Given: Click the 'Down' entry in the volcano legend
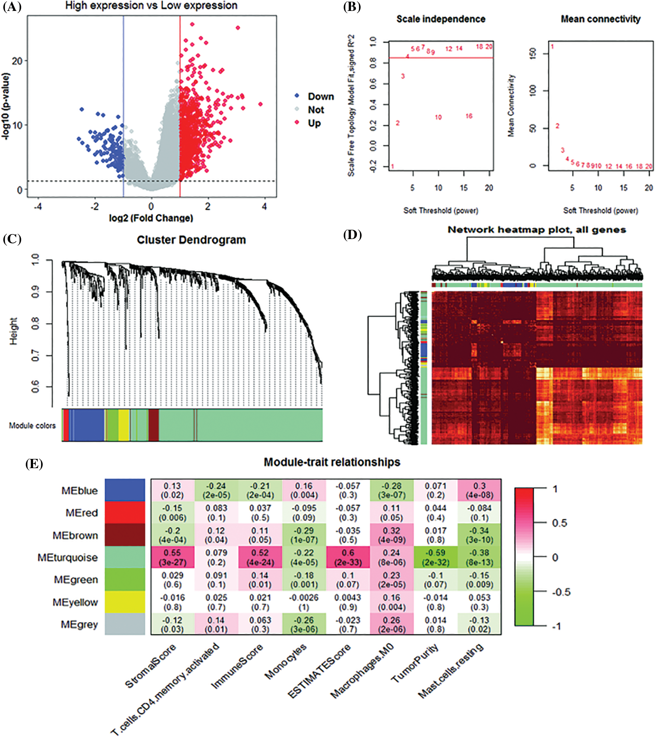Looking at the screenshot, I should click(320, 97).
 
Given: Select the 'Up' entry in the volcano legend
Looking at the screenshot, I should click(314, 123).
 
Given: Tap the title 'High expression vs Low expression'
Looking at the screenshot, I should click(151, 6).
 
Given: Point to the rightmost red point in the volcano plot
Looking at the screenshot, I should click(260, 104).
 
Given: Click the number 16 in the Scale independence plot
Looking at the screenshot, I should click(469, 116).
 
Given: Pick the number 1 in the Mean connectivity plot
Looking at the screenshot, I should click(552, 46).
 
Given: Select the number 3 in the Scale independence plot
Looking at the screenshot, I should click(403, 76).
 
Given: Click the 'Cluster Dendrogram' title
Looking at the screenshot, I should click(191, 240).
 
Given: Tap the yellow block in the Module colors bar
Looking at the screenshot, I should click(124, 425).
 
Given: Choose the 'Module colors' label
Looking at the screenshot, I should click(32, 425).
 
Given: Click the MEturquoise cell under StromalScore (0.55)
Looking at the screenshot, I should click(173, 557).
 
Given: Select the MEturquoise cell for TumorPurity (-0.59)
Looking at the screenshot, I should click(436, 557).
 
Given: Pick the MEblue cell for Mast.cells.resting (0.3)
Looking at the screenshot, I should click(479, 490).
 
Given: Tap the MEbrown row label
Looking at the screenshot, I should click(75, 535).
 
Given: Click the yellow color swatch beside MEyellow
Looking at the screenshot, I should click(125, 602).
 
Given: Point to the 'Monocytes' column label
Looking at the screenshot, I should click(285, 662).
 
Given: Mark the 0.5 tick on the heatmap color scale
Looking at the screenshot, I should click(559, 523).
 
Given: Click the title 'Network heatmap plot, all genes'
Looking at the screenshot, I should click(537, 230).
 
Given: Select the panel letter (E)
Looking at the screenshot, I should click(34, 464).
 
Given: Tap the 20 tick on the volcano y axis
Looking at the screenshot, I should click(17, 61).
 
